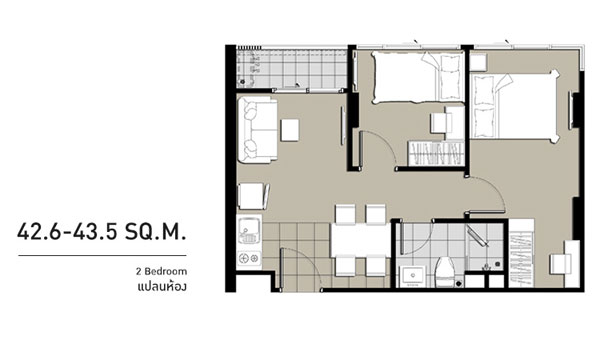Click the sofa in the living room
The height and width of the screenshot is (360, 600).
click(x=257, y=130)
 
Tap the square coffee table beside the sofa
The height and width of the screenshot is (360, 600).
click(x=290, y=130)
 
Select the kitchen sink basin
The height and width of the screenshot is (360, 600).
click(x=249, y=230)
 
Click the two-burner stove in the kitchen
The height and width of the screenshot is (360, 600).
click(x=249, y=259)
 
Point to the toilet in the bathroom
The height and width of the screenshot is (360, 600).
click(x=445, y=272)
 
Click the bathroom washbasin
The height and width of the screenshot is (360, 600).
click(x=412, y=275)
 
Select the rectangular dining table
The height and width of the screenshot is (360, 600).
click(x=360, y=240)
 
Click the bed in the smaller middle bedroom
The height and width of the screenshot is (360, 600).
click(x=418, y=78)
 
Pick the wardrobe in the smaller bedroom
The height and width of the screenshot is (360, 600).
click(x=436, y=153)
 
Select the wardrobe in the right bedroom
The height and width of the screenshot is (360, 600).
click(x=521, y=252)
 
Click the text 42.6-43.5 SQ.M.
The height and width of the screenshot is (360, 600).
click(x=102, y=232)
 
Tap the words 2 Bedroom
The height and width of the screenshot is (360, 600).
click(x=161, y=272)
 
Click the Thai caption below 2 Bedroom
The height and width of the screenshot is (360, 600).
click(x=162, y=287)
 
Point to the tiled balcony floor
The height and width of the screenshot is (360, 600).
click(x=292, y=69)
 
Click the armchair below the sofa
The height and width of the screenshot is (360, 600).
click(x=253, y=196)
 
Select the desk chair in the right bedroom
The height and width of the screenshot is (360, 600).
click(x=560, y=264)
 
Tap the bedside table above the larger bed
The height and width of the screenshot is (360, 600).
click(x=478, y=62)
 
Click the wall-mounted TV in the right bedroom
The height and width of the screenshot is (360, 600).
click(x=571, y=110)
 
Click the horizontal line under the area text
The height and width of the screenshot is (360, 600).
click(x=102, y=255)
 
